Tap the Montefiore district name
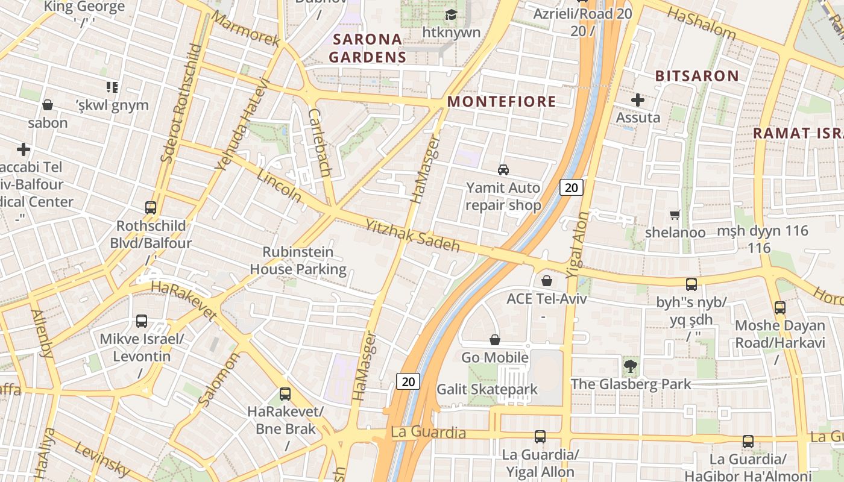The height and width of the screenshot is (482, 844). point(502,101)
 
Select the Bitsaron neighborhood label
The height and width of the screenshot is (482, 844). point(696,76)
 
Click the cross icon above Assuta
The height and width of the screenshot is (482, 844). point(638,100)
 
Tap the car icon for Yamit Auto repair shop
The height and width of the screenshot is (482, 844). point(503,170)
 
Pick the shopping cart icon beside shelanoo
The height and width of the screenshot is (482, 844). point(675,214)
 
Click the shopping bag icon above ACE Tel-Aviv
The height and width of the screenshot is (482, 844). point(546,281)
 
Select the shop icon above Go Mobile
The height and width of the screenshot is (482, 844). point(495,340)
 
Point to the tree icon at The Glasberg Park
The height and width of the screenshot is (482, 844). point(631,365)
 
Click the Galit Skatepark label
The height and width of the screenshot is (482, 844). point(487,389)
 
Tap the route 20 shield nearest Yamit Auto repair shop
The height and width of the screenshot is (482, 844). point(571,187)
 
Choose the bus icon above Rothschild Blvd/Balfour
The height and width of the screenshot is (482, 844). point(151,208)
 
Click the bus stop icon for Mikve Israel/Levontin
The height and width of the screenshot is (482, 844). point(142,321)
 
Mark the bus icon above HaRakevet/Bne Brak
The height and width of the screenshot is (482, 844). point(285,394)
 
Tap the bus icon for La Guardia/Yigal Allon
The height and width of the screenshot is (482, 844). point(540,436)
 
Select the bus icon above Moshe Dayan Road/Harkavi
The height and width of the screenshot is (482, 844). point(779,308)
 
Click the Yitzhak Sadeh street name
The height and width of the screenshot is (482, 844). point(412,236)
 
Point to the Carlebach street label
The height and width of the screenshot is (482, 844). point(319,143)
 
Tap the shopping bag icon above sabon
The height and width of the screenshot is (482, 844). point(48,105)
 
